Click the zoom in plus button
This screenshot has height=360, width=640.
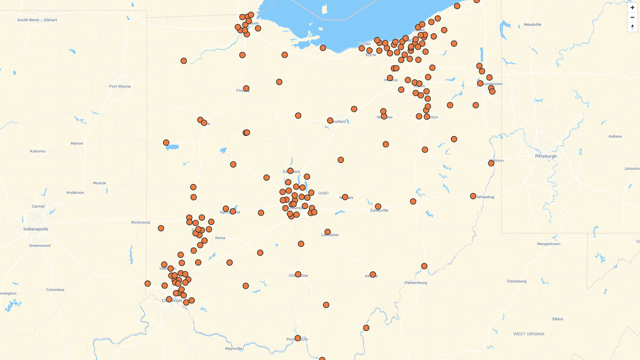(632, 8)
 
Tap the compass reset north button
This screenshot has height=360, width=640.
(632, 27)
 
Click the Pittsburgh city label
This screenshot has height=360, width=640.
(546, 156)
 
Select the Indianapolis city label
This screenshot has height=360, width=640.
(36, 229)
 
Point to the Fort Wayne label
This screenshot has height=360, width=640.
(120, 86)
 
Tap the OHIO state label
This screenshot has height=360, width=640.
(323, 193)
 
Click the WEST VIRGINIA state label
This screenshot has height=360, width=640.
(529, 334)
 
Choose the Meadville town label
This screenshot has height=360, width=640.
(532, 25)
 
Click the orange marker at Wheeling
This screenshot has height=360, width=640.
(473, 196)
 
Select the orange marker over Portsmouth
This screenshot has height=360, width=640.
(298, 338)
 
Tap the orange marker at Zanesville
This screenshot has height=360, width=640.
(378, 207)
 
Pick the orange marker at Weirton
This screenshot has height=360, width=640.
(491, 163)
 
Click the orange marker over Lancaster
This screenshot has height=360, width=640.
(327, 232)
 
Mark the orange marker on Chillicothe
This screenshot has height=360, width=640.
(298, 274)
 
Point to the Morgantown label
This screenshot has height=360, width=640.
(548, 244)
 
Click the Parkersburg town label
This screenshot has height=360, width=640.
(416, 283)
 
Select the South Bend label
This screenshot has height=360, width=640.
(28, 20)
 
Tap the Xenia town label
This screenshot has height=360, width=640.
(220, 238)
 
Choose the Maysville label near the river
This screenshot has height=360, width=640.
(233, 349)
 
